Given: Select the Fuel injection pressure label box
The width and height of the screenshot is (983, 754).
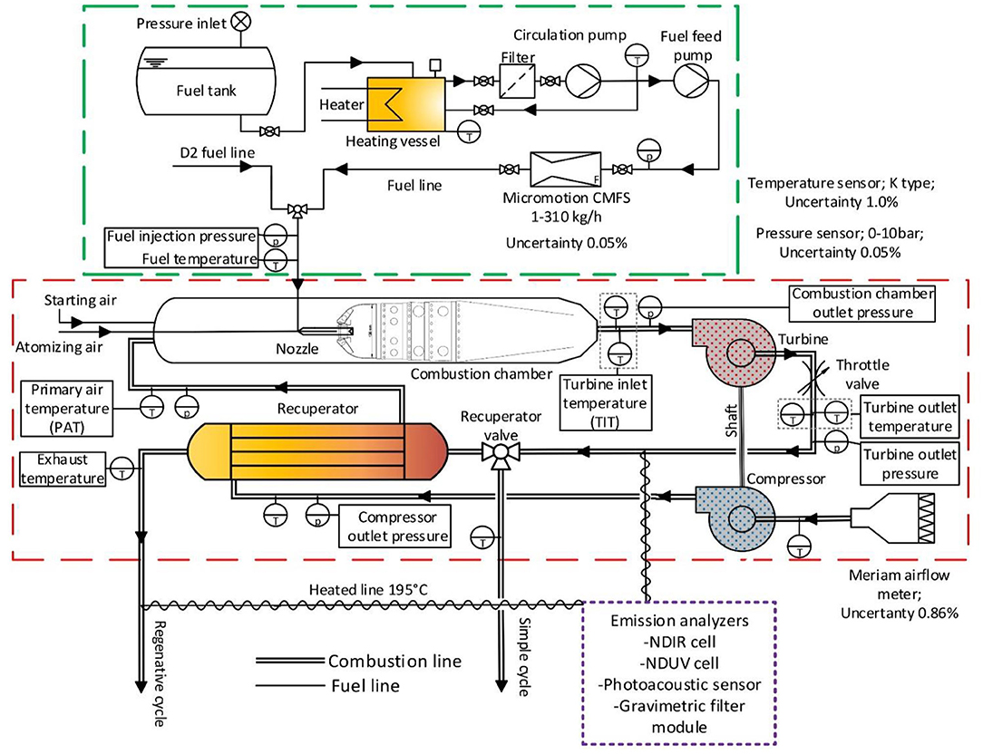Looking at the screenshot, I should point(181,237).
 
